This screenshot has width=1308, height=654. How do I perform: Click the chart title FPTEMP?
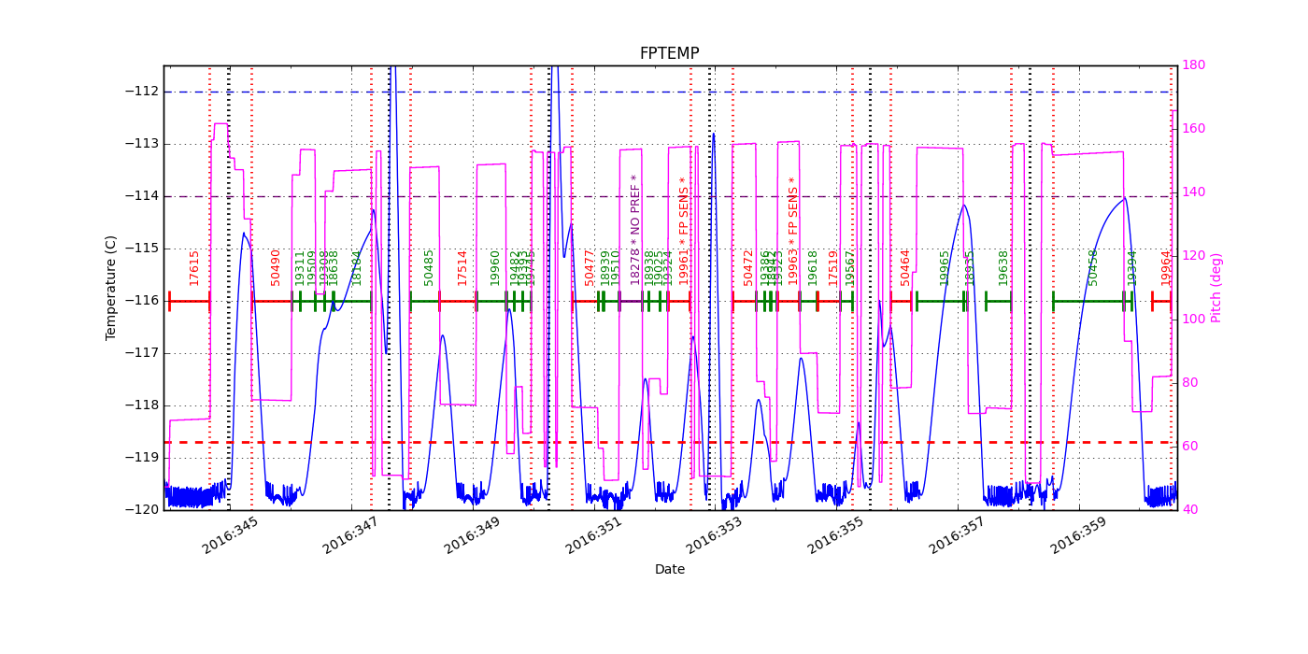coord(669,53)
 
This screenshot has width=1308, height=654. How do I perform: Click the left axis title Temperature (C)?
coord(111,287)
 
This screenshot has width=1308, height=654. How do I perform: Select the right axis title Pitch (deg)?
coord(1216,287)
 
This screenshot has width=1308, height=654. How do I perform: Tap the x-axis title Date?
coord(669,569)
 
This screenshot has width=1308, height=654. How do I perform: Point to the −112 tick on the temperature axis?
coord(142,92)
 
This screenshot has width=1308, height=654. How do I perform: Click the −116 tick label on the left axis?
coord(142,301)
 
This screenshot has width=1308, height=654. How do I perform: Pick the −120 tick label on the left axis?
coord(142,510)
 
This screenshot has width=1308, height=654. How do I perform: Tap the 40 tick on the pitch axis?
coord(1189,510)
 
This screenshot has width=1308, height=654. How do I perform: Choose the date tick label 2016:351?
coord(594,535)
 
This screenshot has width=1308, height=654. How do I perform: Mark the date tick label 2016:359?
coord(1079,535)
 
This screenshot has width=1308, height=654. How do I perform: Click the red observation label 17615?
coord(194,267)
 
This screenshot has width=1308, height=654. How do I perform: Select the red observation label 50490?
coord(276,266)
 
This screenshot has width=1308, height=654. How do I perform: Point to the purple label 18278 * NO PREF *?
coord(635,229)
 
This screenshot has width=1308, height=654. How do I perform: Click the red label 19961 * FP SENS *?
coord(684,230)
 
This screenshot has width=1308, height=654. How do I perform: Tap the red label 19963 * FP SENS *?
coord(793,230)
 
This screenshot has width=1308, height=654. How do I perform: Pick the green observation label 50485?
coord(429,266)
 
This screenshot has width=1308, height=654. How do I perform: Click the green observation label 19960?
coord(495,266)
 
